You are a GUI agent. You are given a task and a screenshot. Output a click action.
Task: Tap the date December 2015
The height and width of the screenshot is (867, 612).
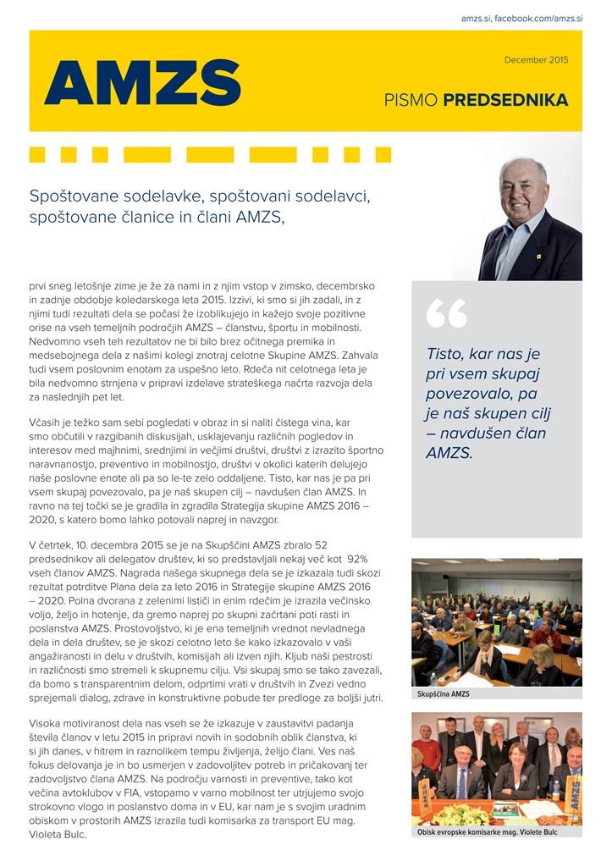coord(536,60)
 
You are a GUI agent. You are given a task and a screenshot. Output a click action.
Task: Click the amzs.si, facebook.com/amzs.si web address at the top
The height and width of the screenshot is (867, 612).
coord(522,18)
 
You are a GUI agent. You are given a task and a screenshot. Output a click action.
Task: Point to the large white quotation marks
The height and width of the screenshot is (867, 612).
coord(446,313)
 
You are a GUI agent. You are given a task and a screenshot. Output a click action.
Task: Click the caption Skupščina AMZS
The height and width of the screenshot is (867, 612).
coord(444,694)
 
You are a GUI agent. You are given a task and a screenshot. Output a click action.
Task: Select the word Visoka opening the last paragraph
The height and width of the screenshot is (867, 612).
coord(47,726)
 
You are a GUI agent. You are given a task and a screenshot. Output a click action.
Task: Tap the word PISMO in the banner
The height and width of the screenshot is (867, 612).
coord(411,101)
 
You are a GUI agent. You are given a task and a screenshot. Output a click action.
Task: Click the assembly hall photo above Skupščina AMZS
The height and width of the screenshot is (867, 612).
coord(497,621)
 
